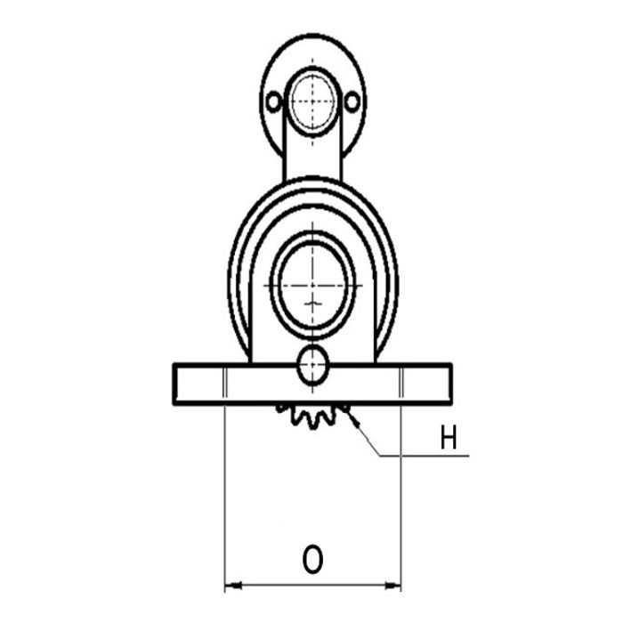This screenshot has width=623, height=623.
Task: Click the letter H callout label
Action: pyautogui.click(x=449, y=437)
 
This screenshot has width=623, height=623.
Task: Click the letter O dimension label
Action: pyautogui.click(x=312, y=559)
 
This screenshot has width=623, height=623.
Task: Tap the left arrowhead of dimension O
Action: pyautogui.click(x=233, y=586)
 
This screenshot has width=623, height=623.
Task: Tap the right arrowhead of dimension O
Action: pyautogui.click(x=392, y=586)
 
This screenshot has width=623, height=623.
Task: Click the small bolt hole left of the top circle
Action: pyautogui.click(x=274, y=101)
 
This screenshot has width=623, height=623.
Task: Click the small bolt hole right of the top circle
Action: pyautogui.click(x=352, y=101)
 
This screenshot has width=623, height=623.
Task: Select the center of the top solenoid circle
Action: pyautogui.click(x=312, y=101)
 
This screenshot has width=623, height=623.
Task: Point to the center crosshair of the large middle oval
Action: pyautogui.click(x=312, y=286)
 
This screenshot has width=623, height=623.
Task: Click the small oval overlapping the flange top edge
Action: pyautogui.click(x=313, y=366)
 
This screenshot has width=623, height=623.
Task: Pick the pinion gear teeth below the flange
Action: pyautogui.click(x=311, y=417)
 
